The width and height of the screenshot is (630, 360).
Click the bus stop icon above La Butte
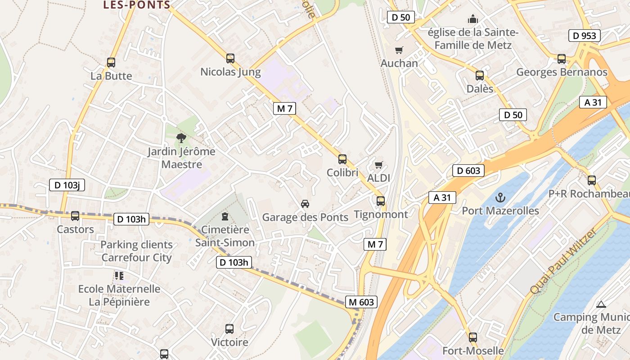pyautogui.click(x=111, y=63)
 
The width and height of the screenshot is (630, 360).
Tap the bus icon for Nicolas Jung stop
pyautogui.click(x=230, y=58)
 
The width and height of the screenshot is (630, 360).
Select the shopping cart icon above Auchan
pyautogui.click(x=399, y=50)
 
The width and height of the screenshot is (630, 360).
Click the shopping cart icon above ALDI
pyautogui.click(x=379, y=165)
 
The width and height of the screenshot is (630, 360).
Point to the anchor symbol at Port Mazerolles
pyautogui.click(x=500, y=197)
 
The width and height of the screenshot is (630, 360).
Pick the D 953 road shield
pyautogui.click(x=585, y=36)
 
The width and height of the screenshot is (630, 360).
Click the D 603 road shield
pyautogui.click(x=468, y=171)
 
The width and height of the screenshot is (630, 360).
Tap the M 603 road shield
pyautogui.click(x=361, y=302)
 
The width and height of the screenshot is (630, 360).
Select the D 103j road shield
pyautogui.click(x=67, y=184)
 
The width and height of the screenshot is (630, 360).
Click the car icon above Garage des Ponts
pyautogui.click(x=305, y=204)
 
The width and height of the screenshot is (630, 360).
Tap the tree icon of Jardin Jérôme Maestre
pyautogui.click(x=181, y=138)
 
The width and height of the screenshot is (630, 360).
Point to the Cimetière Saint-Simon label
pyautogui.click(x=225, y=236)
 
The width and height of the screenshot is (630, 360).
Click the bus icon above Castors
pyautogui.click(x=75, y=216)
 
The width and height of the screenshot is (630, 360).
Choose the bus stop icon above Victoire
pyautogui.click(x=229, y=329)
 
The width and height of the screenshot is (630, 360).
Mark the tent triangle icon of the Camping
pyautogui.click(x=601, y=304)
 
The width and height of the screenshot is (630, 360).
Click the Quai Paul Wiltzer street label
pyautogui.click(x=563, y=261)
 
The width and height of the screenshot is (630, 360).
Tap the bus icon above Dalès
pyautogui.click(x=480, y=75)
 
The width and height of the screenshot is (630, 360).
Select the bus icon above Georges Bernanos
pyautogui.click(x=562, y=58)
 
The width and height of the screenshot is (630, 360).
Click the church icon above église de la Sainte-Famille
pyautogui.click(x=473, y=19)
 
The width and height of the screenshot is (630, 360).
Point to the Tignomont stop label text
pyautogui.click(x=381, y=214)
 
